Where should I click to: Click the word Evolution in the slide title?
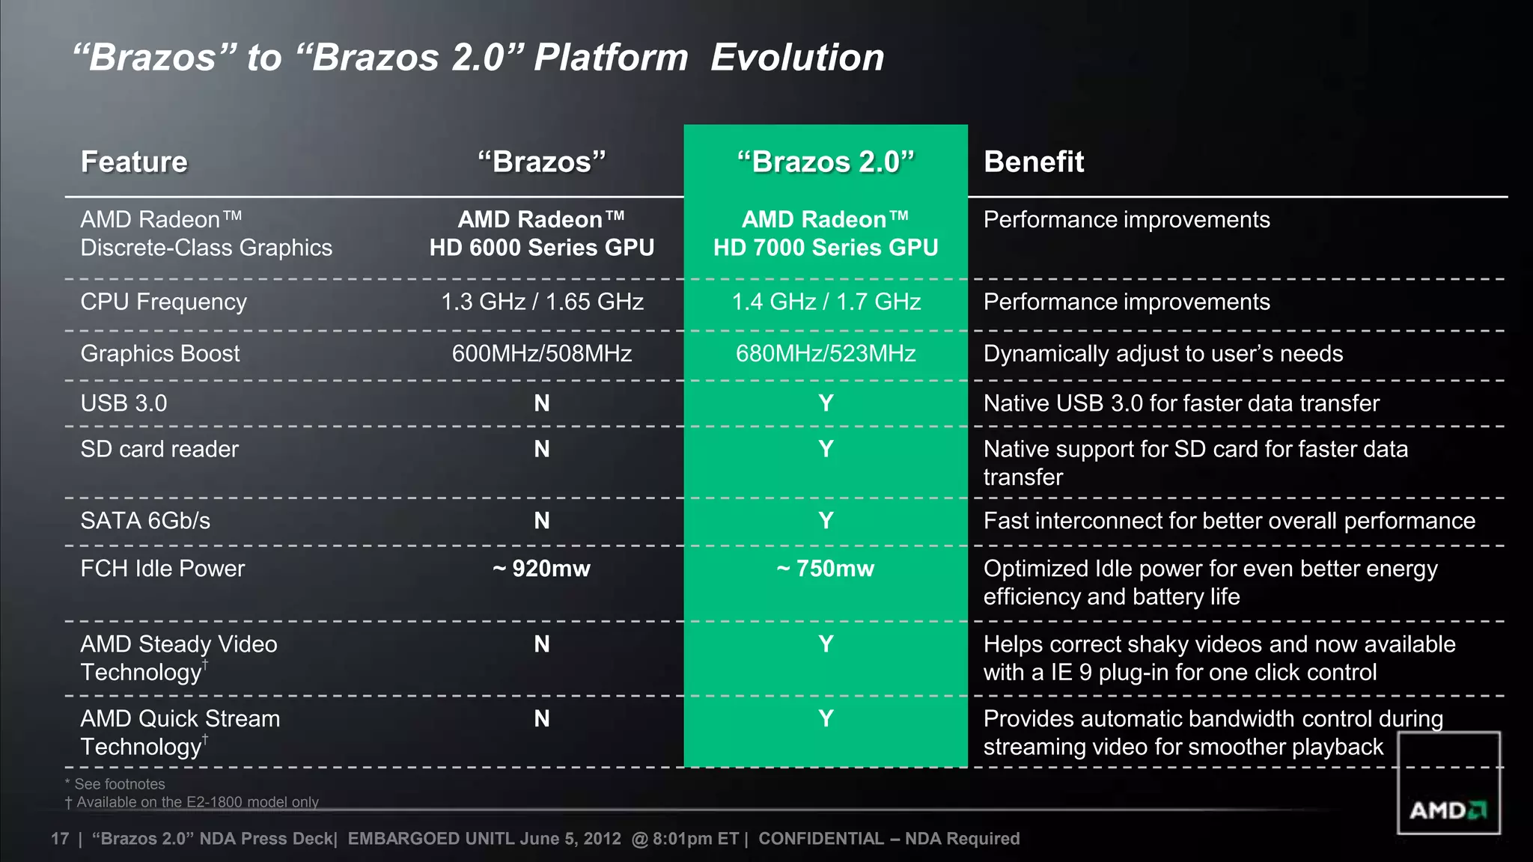tap(796, 58)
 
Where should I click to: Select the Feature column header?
tap(134, 162)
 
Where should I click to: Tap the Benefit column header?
tap(1033, 162)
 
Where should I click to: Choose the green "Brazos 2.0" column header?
tap(826, 162)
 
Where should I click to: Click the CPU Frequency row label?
tap(163, 302)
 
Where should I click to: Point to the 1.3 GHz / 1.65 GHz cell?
tap(542, 302)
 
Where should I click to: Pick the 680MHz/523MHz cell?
tap(826, 353)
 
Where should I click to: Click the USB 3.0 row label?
tap(124, 403)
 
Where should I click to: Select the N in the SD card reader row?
tap(542, 449)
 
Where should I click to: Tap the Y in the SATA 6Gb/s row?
tap(826, 521)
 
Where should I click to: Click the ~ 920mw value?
tap(542, 569)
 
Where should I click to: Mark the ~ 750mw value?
tap(826, 569)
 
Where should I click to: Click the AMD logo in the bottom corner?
tap(1448, 810)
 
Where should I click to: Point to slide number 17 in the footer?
tap(60, 839)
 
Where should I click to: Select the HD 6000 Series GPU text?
tap(542, 248)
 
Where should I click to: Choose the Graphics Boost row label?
tap(160, 353)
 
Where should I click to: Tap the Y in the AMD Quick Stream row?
tap(826, 718)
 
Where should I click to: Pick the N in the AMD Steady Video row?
tap(542, 644)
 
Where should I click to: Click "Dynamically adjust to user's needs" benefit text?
tap(1162, 353)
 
